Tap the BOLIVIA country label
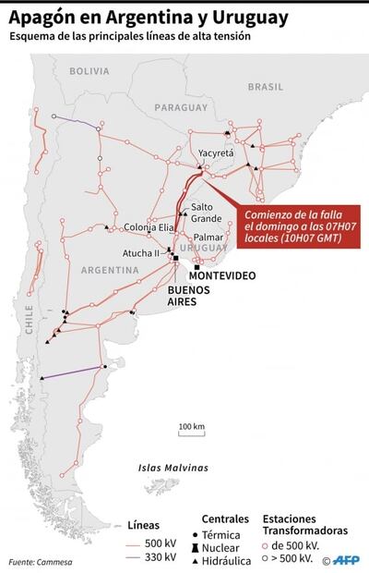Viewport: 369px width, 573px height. pyautogui.click(x=89, y=71)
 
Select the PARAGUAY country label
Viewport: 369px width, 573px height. pyautogui.click(x=183, y=107)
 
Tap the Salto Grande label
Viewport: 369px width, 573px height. pyautogui.click(x=206, y=213)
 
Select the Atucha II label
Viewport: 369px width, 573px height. pyautogui.click(x=141, y=253)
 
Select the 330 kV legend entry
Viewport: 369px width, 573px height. pyautogui.click(x=148, y=557)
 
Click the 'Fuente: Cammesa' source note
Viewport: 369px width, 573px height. pyautogui.click(x=40, y=562)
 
